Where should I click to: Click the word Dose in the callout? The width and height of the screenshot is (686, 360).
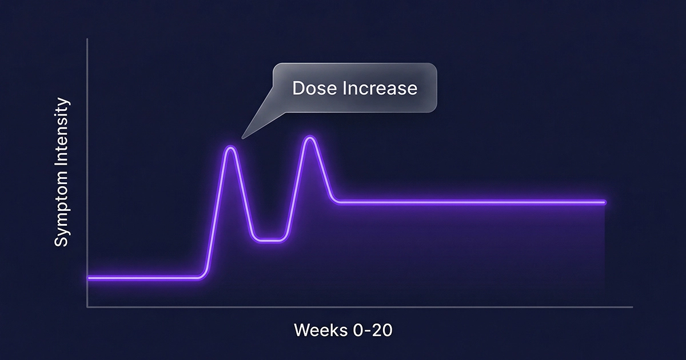[312, 89]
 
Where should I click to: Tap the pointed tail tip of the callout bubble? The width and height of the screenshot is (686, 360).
[243, 138]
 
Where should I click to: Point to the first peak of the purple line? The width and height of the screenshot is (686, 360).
[231, 148]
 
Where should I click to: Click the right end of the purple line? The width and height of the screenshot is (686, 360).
[604, 202]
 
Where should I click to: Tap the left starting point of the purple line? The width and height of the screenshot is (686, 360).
[89, 278]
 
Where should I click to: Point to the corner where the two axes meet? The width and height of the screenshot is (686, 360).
[87, 307]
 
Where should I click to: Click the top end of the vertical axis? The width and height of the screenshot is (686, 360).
[87, 39]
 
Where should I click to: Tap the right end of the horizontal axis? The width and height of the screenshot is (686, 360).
[632, 307]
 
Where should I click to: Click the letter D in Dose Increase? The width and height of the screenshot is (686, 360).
[298, 89]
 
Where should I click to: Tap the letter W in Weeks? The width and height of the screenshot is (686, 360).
[302, 330]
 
